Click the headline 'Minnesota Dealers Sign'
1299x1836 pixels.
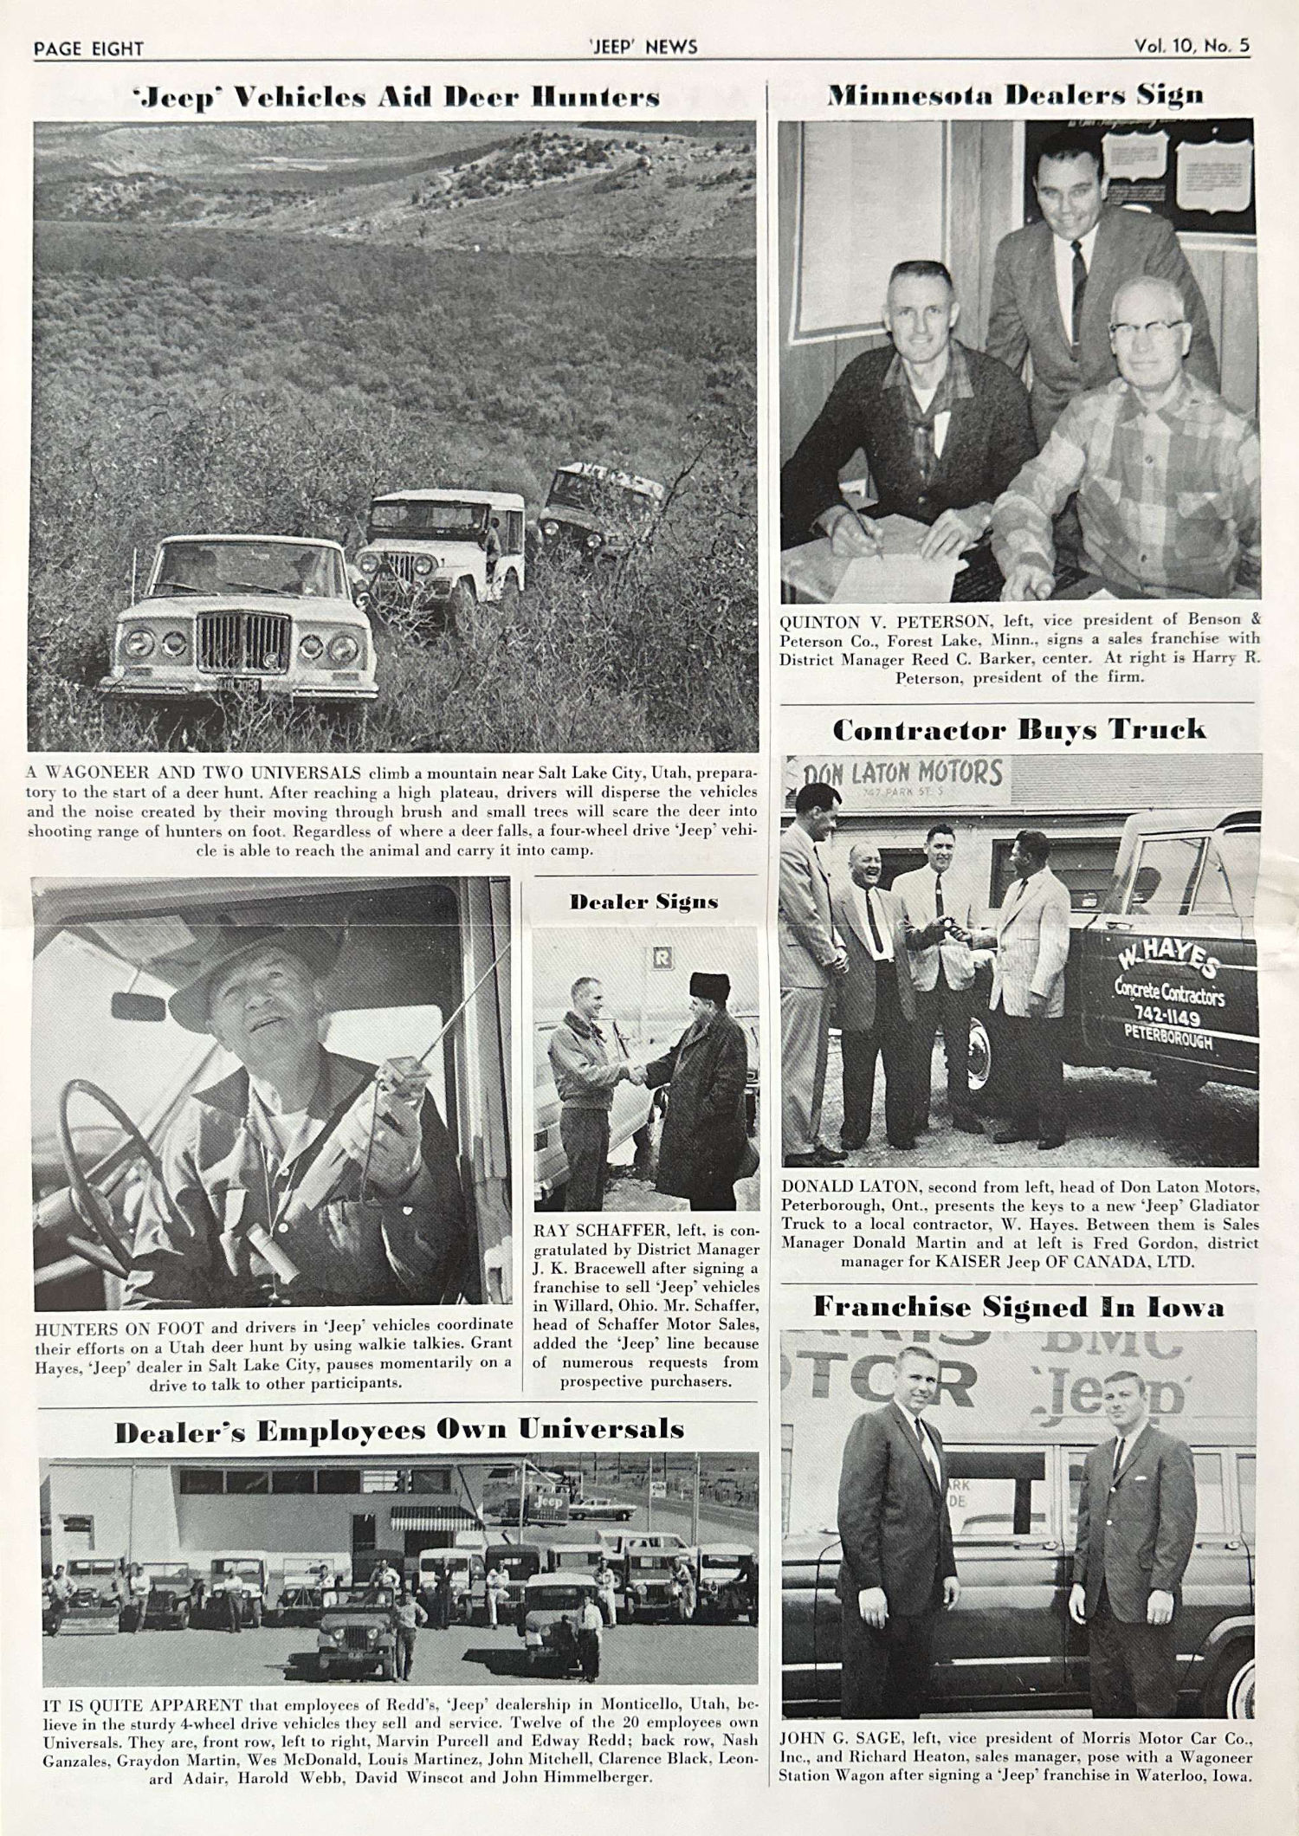pyautogui.click(x=1015, y=95)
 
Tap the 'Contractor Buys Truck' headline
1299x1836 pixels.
pyautogui.click(x=1019, y=729)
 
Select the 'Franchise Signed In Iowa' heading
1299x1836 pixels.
pyautogui.click(x=1019, y=1307)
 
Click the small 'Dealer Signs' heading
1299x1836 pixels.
pyautogui.click(x=643, y=902)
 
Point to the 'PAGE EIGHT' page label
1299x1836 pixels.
pyautogui.click(x=88, y=48)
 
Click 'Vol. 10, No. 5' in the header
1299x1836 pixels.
pyautogui.click(x=1192, y=47)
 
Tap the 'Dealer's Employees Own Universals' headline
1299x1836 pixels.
pyautogui.click(x=399, y=1429)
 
